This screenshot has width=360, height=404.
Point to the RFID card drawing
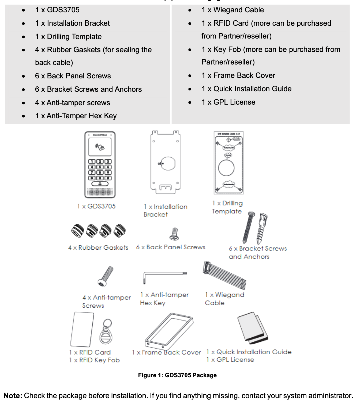pos(82,329)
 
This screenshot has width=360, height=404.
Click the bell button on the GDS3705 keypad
pos(100,184)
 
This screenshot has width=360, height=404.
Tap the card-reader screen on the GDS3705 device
pos(100,147)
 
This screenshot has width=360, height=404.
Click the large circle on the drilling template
pos(226,168)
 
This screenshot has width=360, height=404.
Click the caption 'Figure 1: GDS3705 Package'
pos(177,375)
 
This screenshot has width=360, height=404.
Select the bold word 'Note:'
pos(13,396)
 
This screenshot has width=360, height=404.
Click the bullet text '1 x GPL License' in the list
pos(228,102)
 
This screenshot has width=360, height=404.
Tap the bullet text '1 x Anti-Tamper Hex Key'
pos(76,116)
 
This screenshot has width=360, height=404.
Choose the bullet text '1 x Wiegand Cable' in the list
pos(232,10)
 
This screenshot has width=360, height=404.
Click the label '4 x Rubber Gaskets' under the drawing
pos(98,248)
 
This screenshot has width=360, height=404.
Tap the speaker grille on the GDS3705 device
pos(100,192)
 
